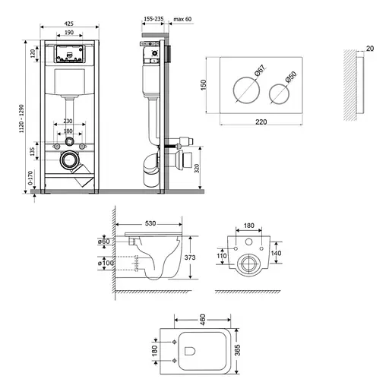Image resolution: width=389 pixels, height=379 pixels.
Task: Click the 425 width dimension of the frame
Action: click(68, 24)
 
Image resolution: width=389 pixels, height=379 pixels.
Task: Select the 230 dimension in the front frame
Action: click(68, 120)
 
